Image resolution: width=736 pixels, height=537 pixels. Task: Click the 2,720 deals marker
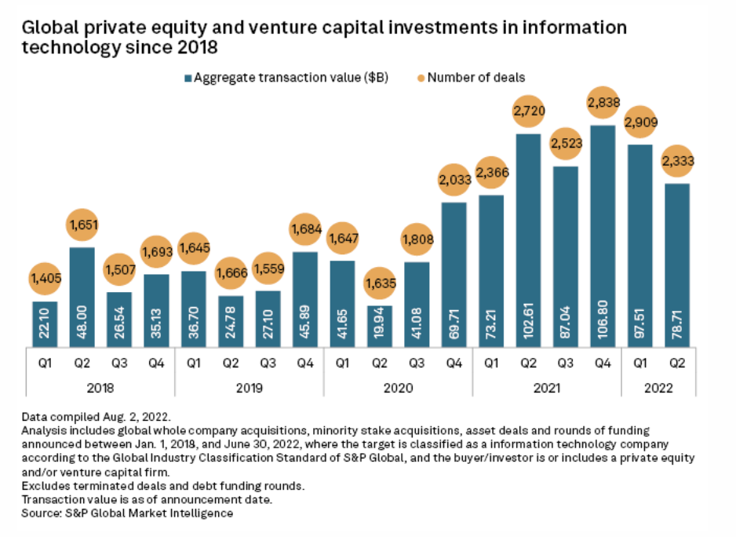click(529, 111)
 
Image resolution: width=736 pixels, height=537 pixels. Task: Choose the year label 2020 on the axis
click(398, 388)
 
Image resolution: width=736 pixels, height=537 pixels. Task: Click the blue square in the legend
click(188, 78)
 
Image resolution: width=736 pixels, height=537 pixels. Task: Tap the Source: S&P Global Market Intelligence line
click(128, 514)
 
